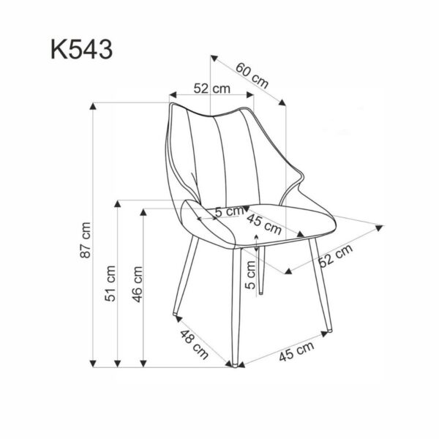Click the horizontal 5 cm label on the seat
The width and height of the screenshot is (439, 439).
click(x=228, y=211)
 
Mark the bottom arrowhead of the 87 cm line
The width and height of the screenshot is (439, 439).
click(x=94, y=363)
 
